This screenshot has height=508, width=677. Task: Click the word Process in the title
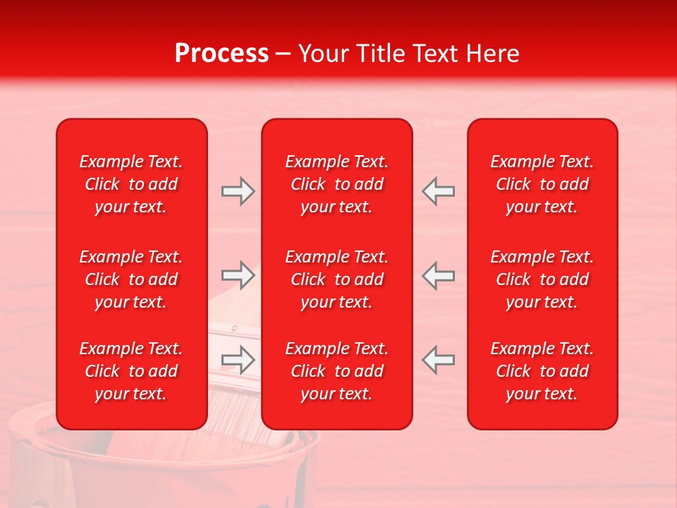221,53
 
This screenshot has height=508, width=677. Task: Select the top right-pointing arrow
238,191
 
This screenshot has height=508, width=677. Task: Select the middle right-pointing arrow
238,275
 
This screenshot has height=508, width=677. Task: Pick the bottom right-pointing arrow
238,359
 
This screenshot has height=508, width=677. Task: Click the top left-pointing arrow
439,191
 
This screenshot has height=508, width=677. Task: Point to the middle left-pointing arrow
439,275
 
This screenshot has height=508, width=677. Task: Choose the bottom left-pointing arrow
439,359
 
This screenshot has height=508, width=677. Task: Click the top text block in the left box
131,184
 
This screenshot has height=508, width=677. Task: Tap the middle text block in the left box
131,279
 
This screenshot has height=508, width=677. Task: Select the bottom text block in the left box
131,371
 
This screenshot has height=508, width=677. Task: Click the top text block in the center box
336,184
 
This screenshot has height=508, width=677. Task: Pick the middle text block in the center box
336,279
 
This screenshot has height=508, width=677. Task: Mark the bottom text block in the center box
336,371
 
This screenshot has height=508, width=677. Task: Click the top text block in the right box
542,184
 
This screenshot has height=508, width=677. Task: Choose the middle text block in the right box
542,279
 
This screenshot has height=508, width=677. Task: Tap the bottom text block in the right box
542,371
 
